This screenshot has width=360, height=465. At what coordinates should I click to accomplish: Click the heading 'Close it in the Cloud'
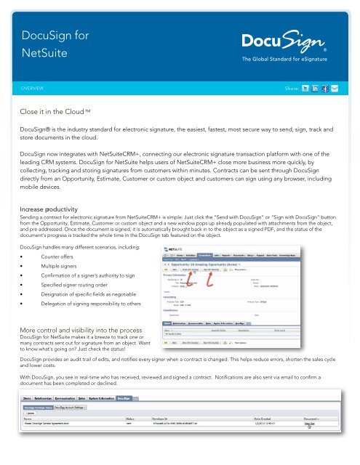[65, 113]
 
